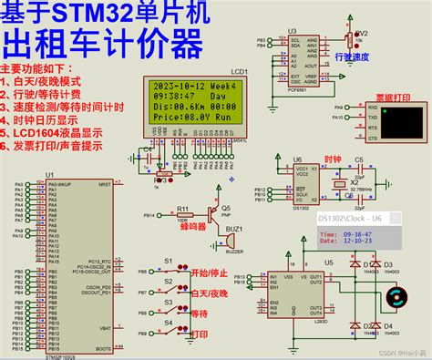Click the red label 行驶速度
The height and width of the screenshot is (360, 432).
[351, 57]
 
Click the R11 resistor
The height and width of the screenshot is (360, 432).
[183, 216]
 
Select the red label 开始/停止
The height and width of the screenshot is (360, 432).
[207, 272]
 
